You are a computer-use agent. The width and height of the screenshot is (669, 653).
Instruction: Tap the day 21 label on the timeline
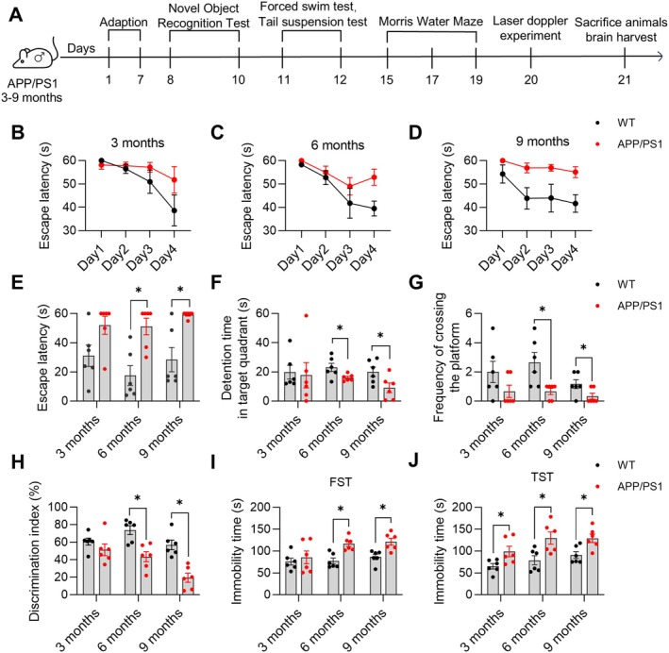coord(625,80)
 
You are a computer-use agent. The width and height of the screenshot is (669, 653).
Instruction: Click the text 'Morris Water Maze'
coord(430,22)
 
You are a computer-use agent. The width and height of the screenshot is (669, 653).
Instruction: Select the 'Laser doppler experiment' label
coord(530,28)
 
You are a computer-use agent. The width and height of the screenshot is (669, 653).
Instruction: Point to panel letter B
coord(17,132)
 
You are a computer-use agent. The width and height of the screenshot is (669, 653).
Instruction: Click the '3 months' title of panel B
coord(138,142)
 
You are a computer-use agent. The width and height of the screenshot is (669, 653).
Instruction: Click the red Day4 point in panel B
coord(174,179)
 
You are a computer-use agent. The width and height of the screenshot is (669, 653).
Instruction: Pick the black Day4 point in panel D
coord(576,204)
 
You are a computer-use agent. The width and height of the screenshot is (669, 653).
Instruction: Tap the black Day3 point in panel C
coord(350,203)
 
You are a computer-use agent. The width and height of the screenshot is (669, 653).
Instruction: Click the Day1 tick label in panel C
coord(291,259)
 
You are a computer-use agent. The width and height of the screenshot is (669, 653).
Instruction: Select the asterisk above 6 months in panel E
coord(139,291)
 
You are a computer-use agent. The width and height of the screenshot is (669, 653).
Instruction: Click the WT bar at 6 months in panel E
coord(130,388)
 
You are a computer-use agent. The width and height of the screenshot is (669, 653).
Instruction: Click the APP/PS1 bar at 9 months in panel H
coord(188,586)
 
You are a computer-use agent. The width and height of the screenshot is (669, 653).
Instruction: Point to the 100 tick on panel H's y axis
coord(59,507)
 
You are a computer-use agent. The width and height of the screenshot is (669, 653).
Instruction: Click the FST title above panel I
coord(341,482)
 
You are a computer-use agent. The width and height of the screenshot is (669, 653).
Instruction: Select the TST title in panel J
coord(542,477)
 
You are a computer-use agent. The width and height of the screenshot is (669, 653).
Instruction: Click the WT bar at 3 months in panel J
coord(493,580)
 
